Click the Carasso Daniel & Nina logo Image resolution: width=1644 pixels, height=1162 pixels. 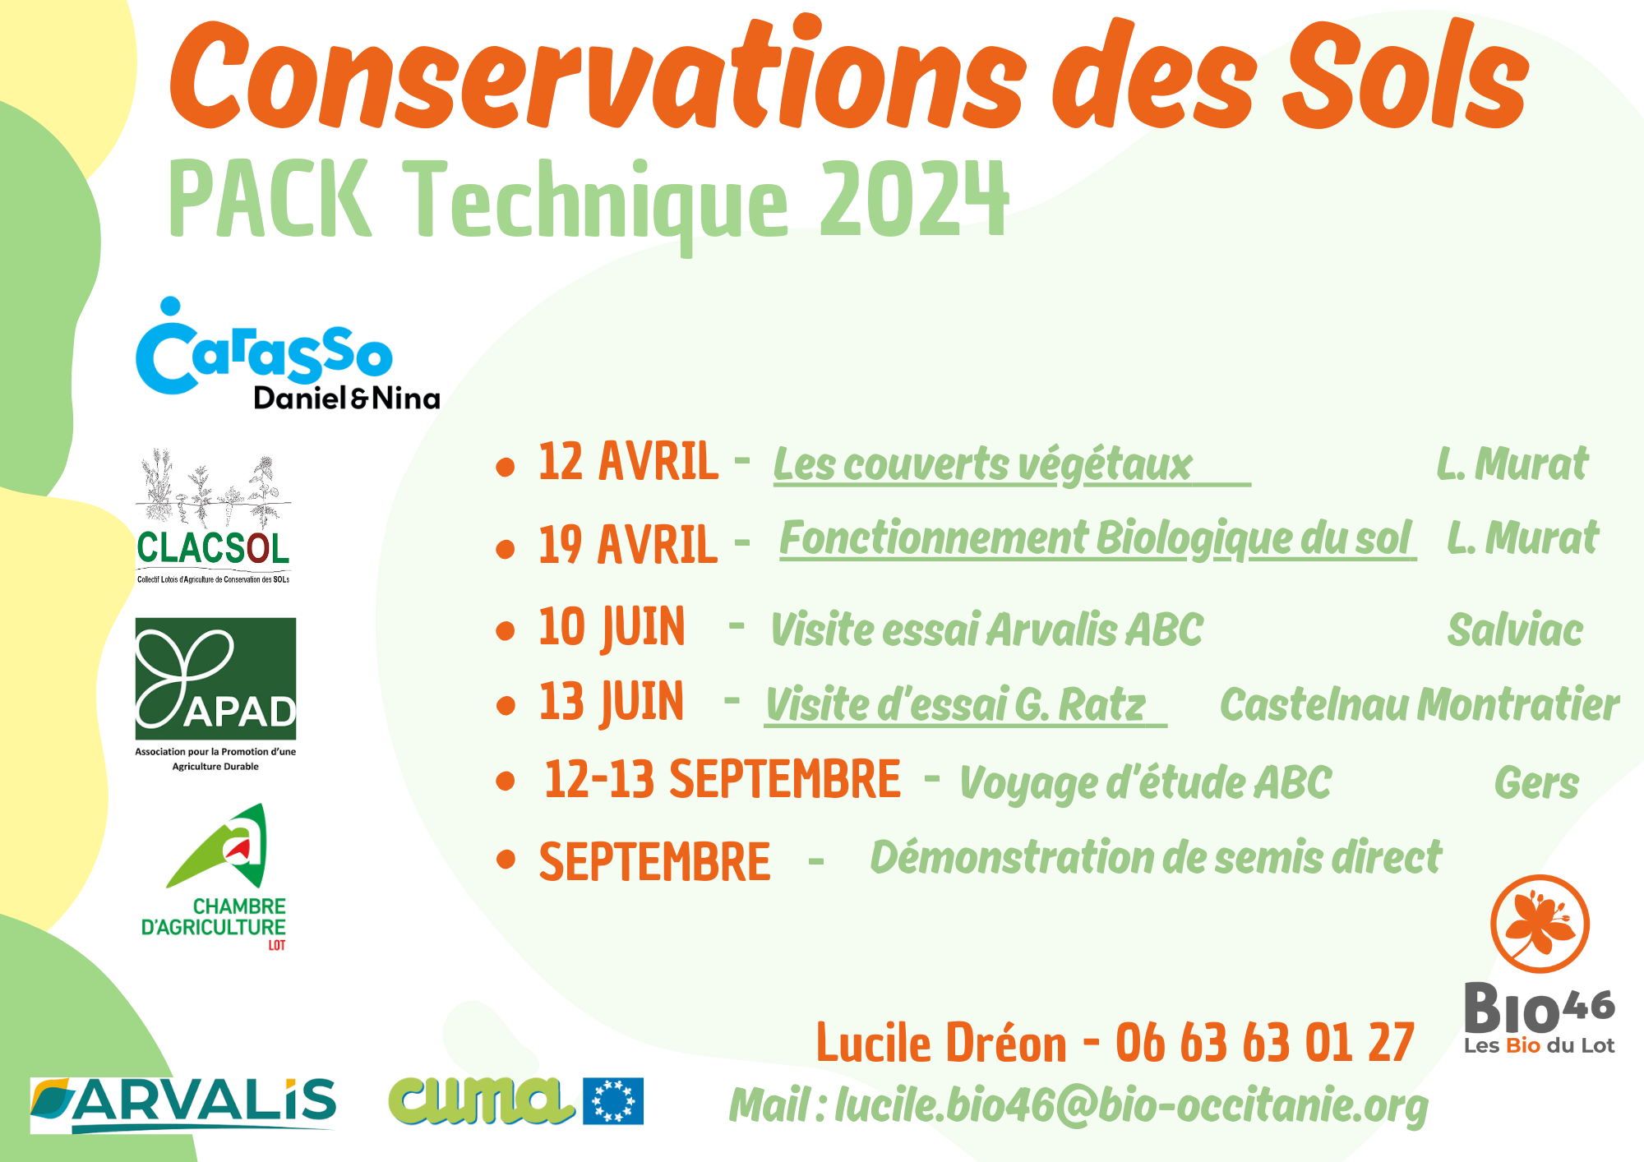pos(288,354)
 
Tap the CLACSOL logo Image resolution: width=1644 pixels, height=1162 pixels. pos(214,517)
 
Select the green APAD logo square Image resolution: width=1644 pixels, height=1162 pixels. pos(215,679)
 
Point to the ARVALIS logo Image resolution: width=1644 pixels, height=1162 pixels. pos(183,1104)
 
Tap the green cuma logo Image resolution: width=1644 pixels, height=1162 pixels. pos(481,1100)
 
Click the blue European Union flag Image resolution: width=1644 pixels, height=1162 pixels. pos(613,1101)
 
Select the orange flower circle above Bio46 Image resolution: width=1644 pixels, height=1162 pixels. pos(1540,924)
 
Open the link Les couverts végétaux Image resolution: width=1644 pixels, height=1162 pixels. pos(983,465)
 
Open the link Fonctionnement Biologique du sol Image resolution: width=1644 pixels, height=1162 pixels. pos(1096,539)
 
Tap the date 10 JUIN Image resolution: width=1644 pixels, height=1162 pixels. pos(612,628)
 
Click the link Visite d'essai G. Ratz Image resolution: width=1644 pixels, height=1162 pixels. pos(955,705)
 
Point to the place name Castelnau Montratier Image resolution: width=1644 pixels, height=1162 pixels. pos(1420,704)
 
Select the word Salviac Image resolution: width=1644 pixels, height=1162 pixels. pos(1515,630)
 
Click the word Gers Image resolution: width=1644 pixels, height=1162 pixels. pos(1536,782)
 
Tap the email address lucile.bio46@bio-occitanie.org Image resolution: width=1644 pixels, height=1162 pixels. pos(1132,1106)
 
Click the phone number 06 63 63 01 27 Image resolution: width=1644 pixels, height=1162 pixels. pos(1265,1043)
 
